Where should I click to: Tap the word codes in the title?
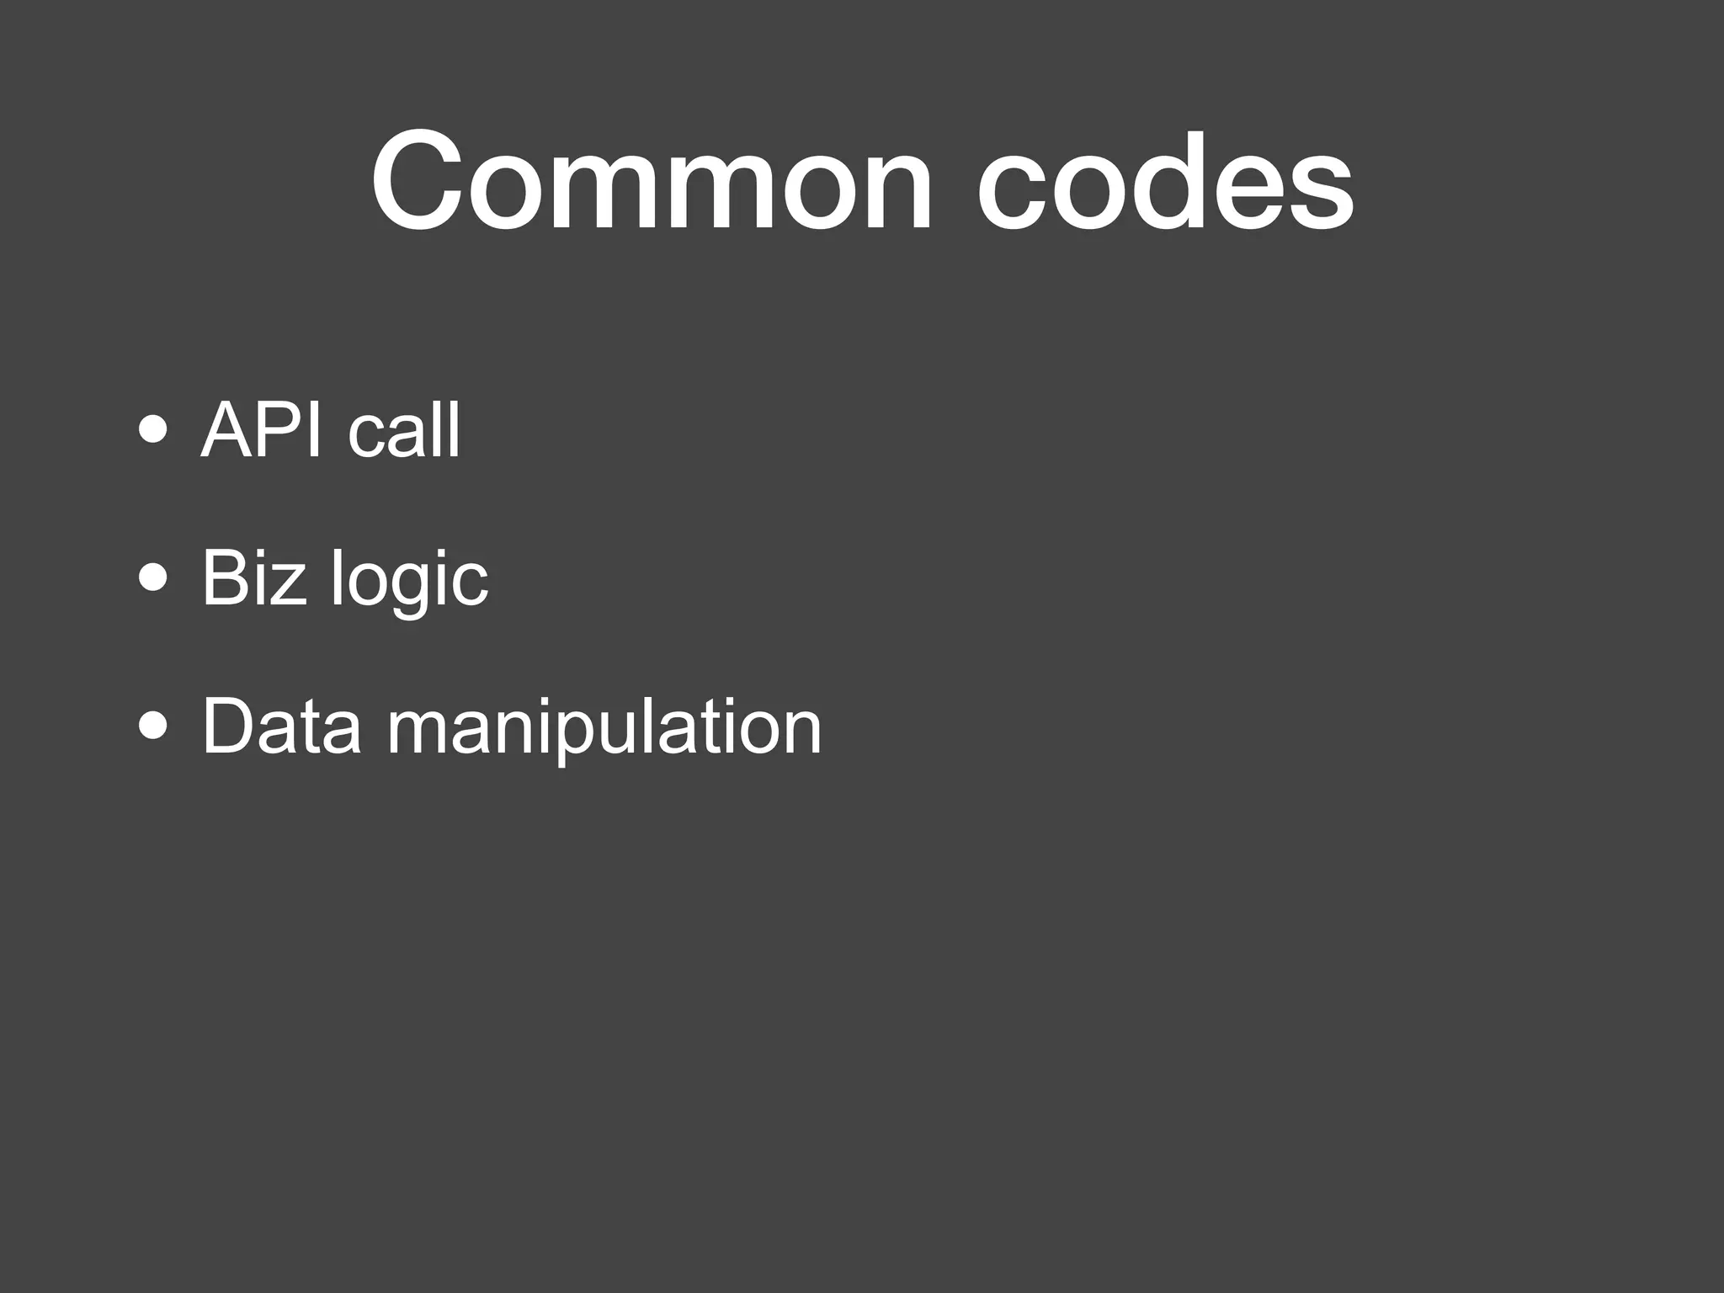pyautogui.click(x=1165, y=181)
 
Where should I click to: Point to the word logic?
pyautogui.click(x=409, y=581)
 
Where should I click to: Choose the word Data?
pyautogui.click(x=282, y=726)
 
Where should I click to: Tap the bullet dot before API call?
pyautogui.click(x=154, y=432)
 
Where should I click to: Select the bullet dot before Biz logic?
pyautogui.click(x=154, y=579)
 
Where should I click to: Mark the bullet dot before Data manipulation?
pyautogui.click(x=154, y=726)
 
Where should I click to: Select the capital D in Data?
pyautogui.click(x=229, y=726)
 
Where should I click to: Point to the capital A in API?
pyautogui.click(x=227, y=430)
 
